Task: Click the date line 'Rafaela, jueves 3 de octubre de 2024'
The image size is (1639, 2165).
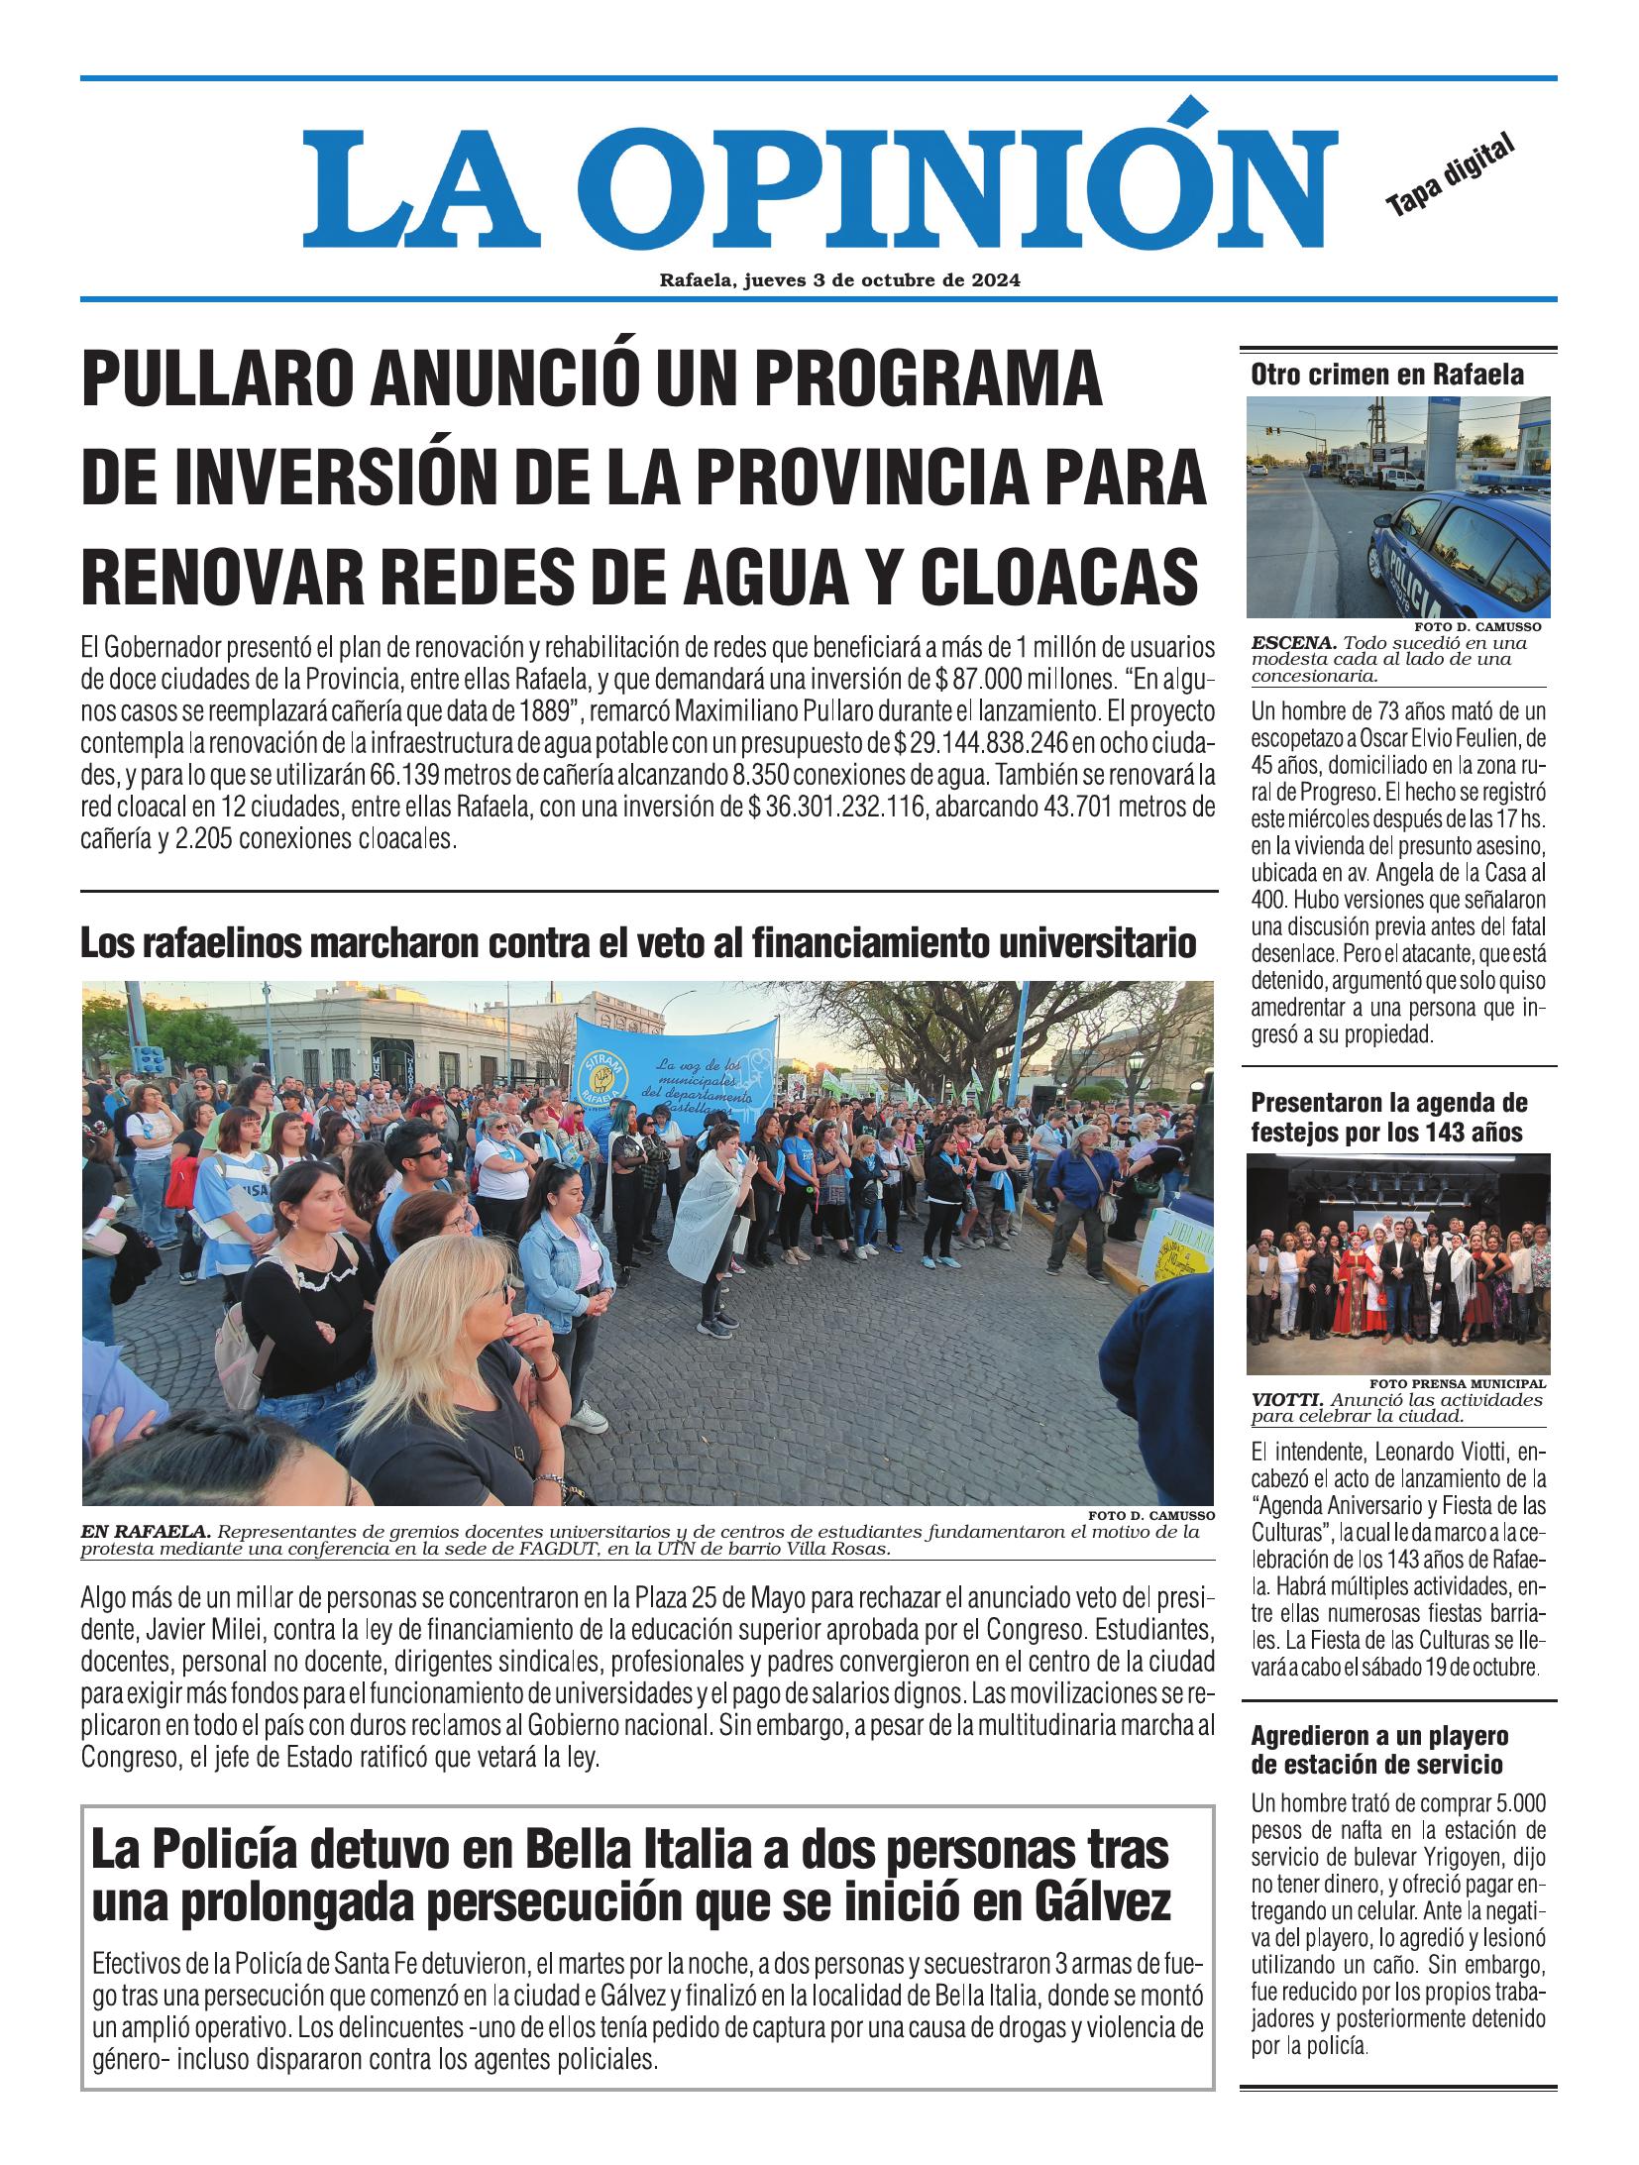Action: [839, 280]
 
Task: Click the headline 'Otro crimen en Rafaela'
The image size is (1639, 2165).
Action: [1386, 375]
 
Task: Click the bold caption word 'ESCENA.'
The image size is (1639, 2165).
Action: [1285, 642]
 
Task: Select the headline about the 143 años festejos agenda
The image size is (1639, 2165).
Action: [1388, 1117]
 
